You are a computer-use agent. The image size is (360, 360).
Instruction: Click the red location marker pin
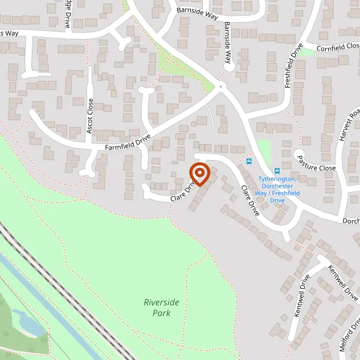pos(199,175)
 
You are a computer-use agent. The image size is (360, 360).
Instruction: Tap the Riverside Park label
pos(161,307)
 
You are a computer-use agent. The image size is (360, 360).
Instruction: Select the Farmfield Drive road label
pos(127,143)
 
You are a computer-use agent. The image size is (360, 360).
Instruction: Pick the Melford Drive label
pos(349,344)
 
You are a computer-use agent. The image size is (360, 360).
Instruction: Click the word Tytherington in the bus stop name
pos(277,179)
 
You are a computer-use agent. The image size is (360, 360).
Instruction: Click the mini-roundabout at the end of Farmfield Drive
pos(221,88)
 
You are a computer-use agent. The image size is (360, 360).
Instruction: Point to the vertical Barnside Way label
pos(227,43)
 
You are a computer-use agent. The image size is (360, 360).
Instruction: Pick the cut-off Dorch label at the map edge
pos(350,221)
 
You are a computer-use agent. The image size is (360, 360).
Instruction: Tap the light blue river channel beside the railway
pos(36,294)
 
